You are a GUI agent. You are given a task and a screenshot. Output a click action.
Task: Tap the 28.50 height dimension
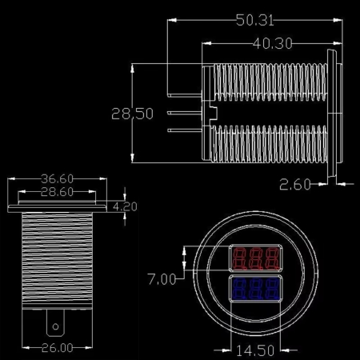pyautogui.click(x=132, y=114)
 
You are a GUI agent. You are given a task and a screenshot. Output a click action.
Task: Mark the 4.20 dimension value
pyautogui.click(x=126, y=206)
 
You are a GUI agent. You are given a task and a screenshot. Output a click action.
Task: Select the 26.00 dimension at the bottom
pyautogui.click(x=55, y=347)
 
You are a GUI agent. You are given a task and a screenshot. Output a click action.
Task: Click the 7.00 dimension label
pyautogui.click(x=162, y=279)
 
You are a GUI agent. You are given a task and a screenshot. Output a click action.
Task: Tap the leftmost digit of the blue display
pyautogui.click(x=238, y=289)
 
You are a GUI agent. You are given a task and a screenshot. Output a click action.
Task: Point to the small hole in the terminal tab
pyautogui.click(x=54, y=326)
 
